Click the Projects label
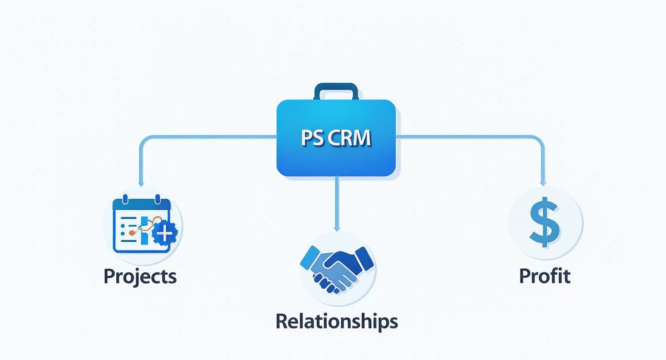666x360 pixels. [140, 277]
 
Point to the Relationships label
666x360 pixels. [336, 321]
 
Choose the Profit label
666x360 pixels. [544, 276]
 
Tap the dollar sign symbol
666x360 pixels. [544, 224]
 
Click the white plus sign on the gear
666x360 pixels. [165, 234]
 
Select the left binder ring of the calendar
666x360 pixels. [125, 199]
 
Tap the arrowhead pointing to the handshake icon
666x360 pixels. [336, 228]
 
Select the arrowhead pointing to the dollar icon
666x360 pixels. [543, 183]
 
